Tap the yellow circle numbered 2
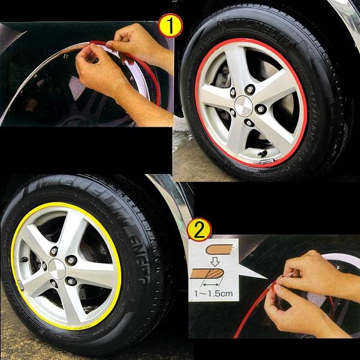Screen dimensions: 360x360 (x=199, y=229)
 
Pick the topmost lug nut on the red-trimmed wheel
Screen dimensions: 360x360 (x=250, y=89)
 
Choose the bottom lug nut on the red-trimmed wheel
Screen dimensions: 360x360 (x=248, y=122)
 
